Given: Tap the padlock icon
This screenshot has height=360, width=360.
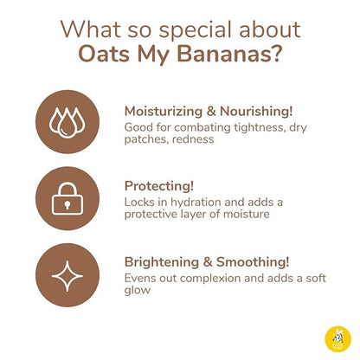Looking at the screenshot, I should coord(67,198).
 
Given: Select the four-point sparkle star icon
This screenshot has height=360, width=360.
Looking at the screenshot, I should coord(67,274).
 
